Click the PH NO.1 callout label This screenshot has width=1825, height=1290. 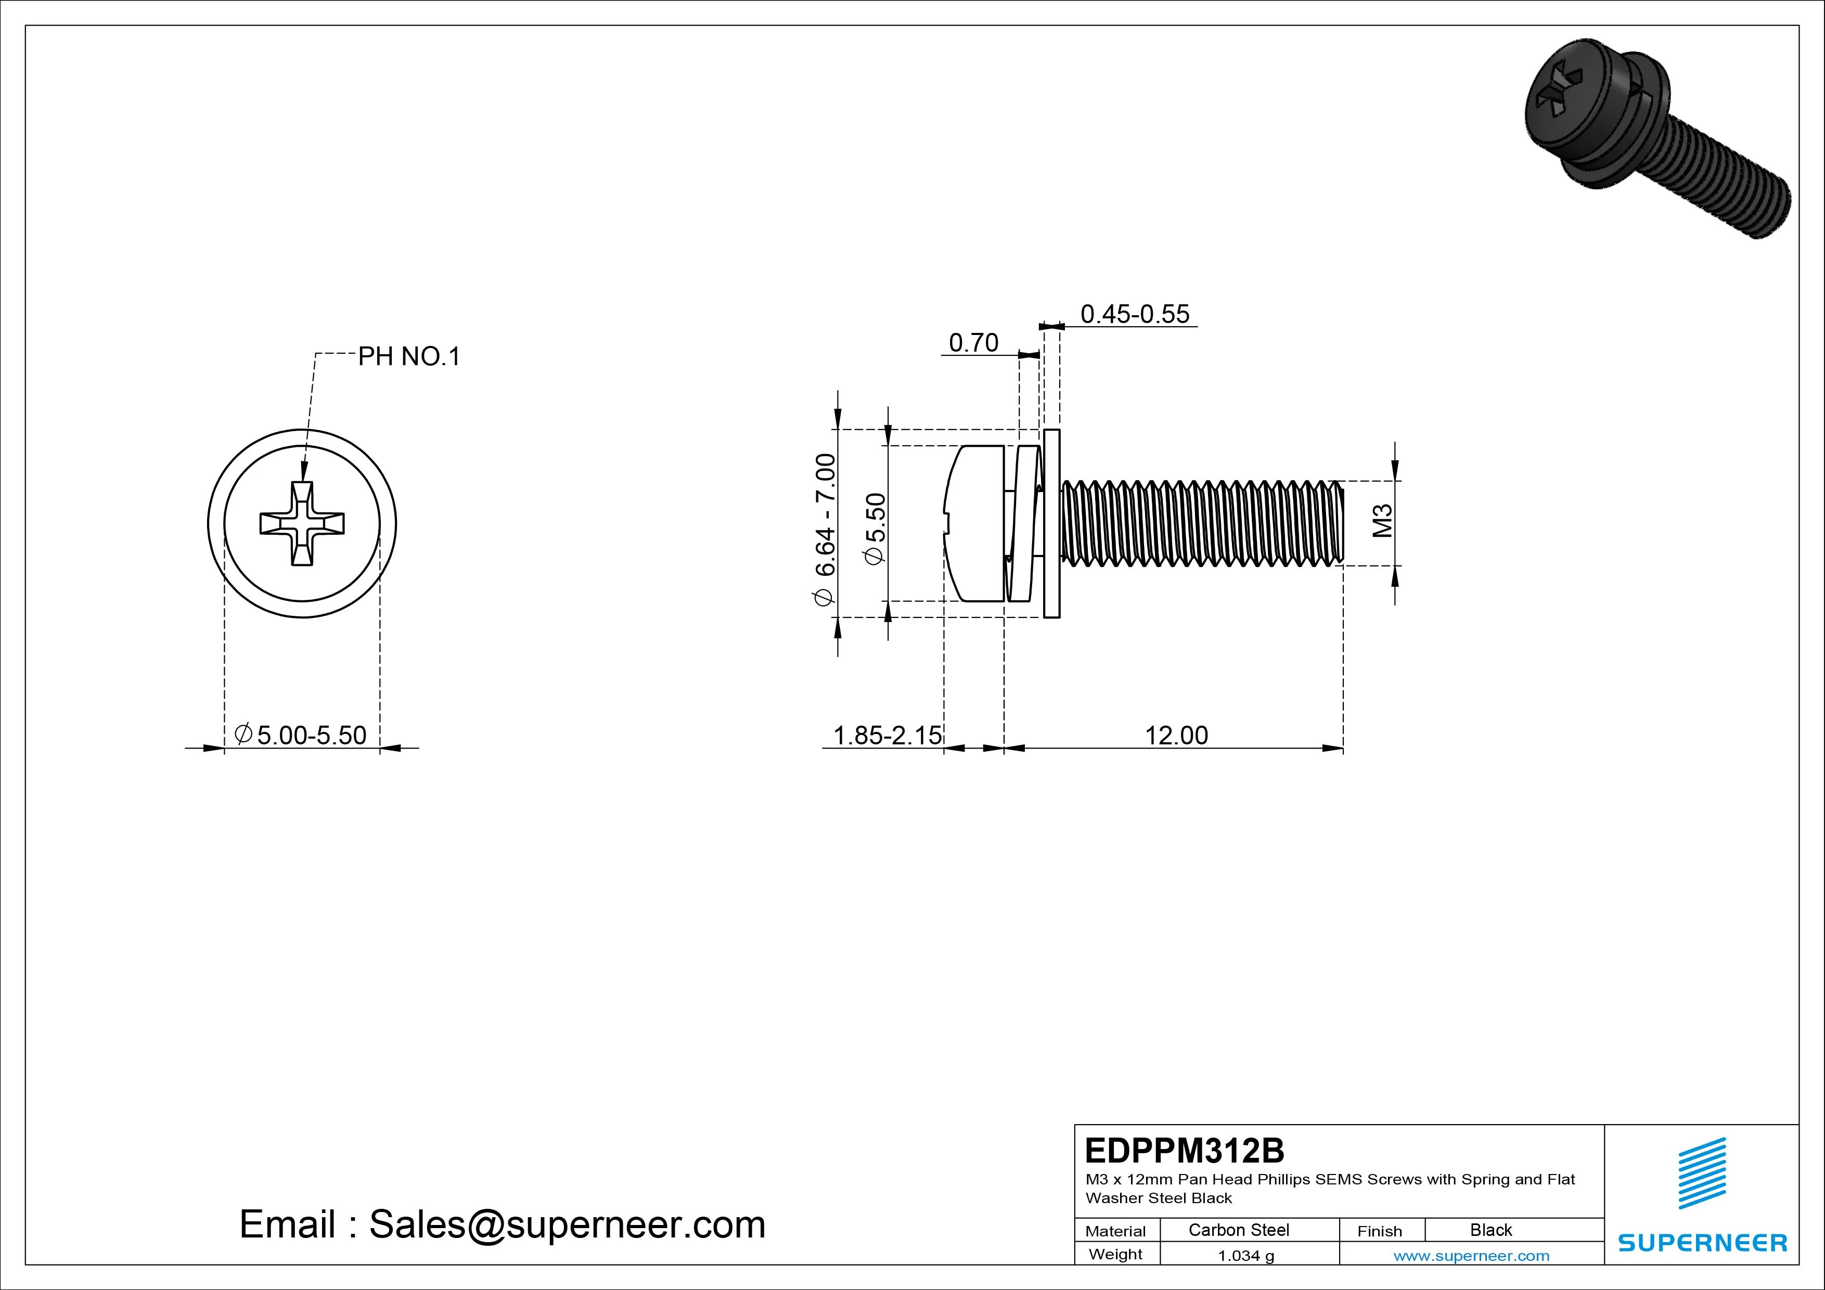408,357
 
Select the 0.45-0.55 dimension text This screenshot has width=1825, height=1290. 1134,315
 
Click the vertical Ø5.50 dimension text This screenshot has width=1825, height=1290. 875,528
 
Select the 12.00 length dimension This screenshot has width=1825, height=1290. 1176,735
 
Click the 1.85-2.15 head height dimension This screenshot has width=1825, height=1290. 887,735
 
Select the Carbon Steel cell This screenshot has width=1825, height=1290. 1238,1230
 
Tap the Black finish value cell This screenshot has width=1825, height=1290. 1490,1230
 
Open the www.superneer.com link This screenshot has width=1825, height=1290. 1471,1256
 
